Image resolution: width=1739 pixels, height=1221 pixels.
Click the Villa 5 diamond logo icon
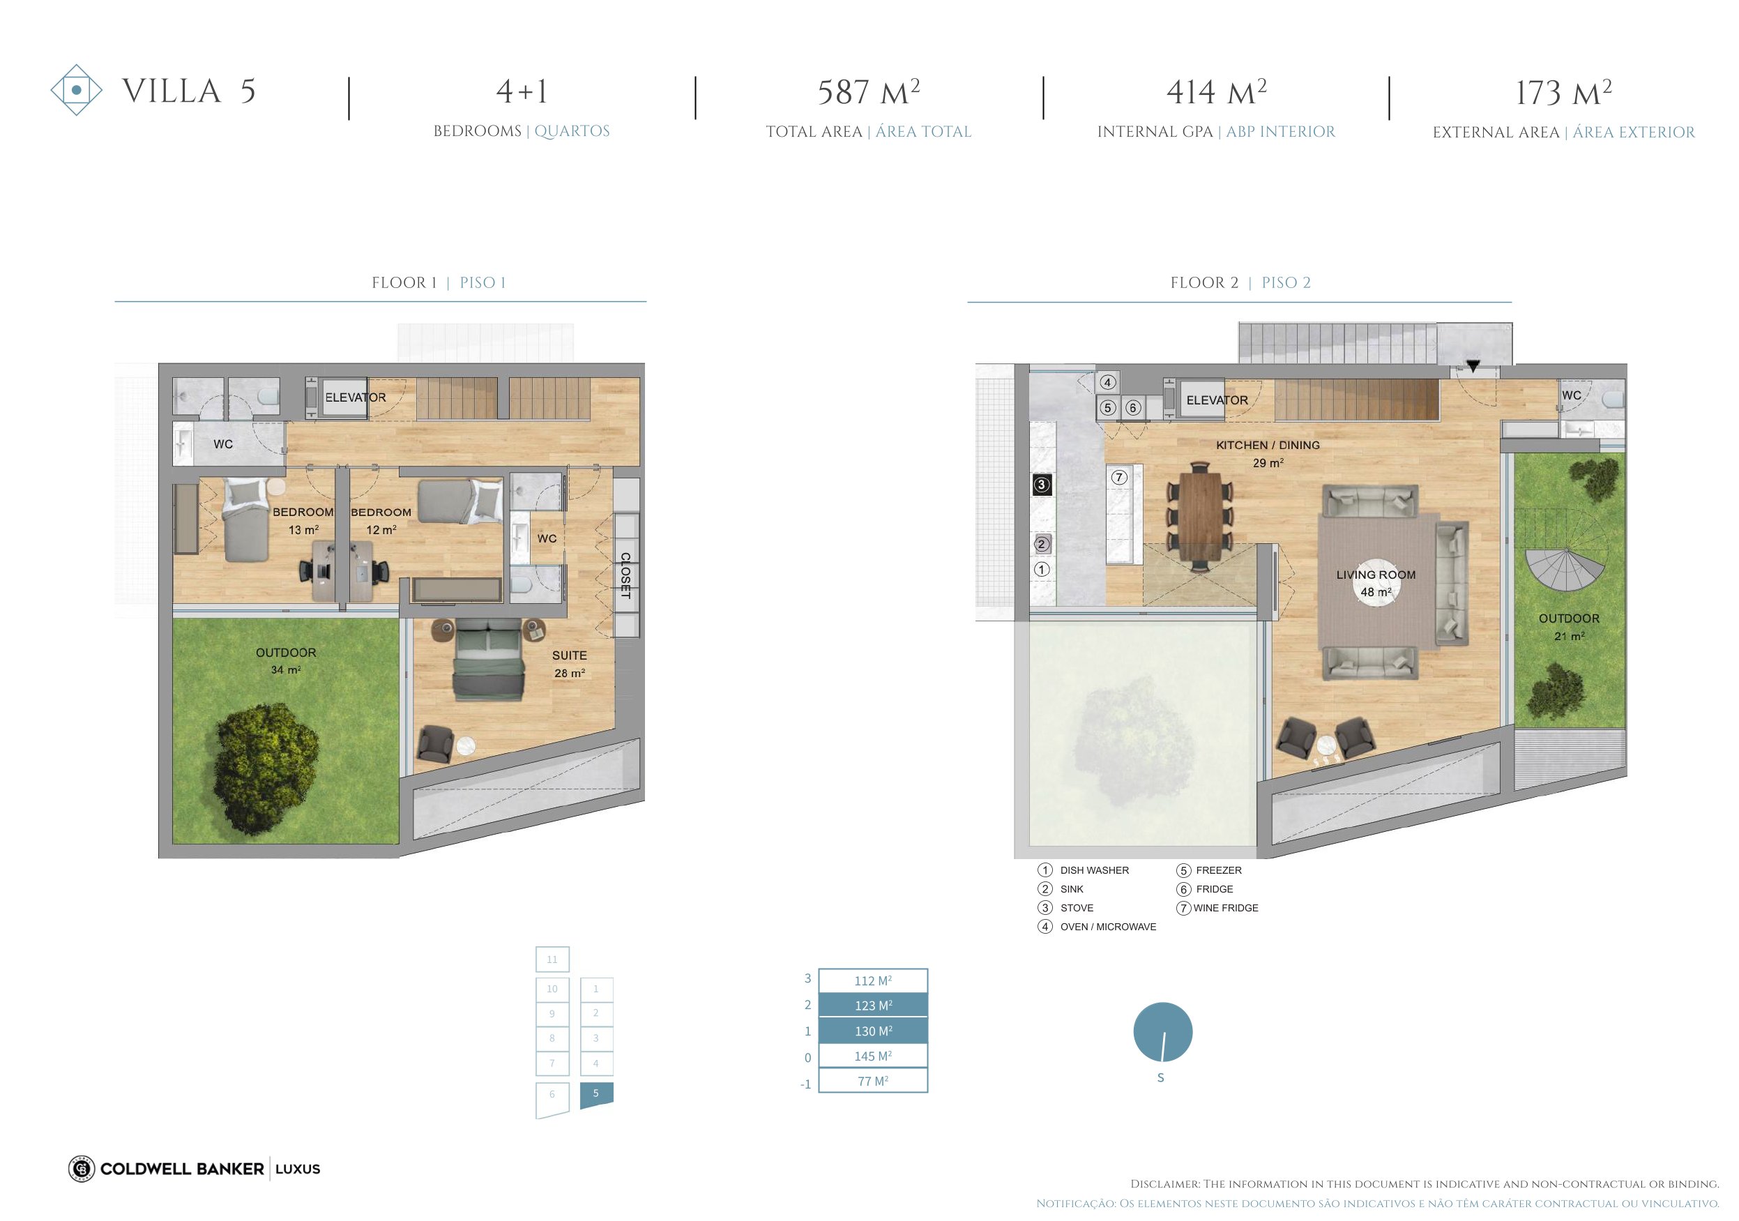77,90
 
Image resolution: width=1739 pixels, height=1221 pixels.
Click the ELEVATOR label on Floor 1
355,397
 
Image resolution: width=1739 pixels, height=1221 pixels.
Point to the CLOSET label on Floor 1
625,576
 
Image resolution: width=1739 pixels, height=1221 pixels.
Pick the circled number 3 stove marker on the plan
1042,485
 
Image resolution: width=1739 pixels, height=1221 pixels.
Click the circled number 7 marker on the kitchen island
1118,477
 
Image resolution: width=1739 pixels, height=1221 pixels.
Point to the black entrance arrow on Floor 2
1473,367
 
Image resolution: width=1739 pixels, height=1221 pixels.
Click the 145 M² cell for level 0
873,1056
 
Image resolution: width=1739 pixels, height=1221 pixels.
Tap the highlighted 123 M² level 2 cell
873,1005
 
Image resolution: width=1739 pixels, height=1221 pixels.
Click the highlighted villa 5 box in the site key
596,1095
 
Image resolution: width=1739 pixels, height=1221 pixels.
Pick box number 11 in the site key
552,960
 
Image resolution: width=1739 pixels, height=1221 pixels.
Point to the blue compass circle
1162,1031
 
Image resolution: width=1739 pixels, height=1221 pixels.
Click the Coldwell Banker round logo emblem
81,1169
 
